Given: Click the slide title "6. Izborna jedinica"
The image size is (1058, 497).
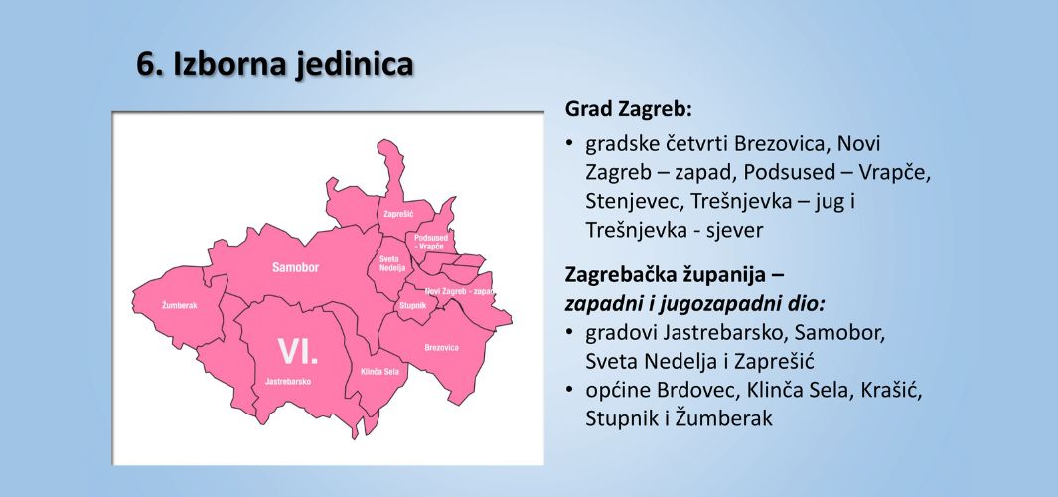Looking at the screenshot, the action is (x=274, y=65).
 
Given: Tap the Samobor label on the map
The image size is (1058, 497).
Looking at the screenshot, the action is (x=295, y=268).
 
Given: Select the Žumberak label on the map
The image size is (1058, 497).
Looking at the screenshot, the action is (x=180, y=306).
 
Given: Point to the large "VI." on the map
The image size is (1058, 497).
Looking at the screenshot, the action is (x=298, y=352).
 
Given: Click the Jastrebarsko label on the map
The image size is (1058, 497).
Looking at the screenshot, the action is (x=288, y=382).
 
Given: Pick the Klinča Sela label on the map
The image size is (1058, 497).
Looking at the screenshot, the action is (x=379, y=372).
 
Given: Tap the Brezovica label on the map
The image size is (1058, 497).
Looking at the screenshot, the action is (x=442, y=348).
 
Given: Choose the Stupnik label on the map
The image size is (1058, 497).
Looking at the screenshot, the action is (x=413, y=306).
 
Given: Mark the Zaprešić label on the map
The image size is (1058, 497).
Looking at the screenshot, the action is (x=398, y=214).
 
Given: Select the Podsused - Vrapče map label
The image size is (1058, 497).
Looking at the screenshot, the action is (x=431, y=242).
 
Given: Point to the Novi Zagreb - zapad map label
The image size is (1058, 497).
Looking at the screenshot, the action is (x=459, y=291).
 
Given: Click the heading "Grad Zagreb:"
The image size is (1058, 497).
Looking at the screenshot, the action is (x=629, y=109).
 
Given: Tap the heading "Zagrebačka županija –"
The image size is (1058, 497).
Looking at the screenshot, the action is (x=675, y=275).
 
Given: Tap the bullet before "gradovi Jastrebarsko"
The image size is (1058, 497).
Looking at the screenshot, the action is (x=570, y=332).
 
